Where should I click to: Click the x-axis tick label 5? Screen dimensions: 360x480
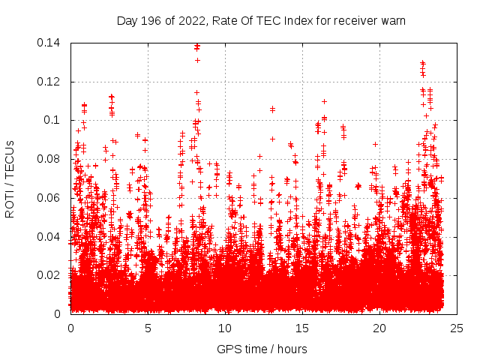point(148,328)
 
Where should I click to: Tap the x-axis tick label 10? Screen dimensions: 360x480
point(225,328)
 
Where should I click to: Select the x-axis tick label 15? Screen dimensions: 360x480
point(302,328)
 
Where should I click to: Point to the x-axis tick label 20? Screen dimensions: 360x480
point(379,328)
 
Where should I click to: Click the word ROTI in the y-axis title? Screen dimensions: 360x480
point(10,205)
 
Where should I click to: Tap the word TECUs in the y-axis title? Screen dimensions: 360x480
point(10,162)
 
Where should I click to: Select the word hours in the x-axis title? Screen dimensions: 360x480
point(292,349)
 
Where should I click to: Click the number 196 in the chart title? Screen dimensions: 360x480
point(151,21)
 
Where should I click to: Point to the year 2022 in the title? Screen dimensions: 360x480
point(189,21)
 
